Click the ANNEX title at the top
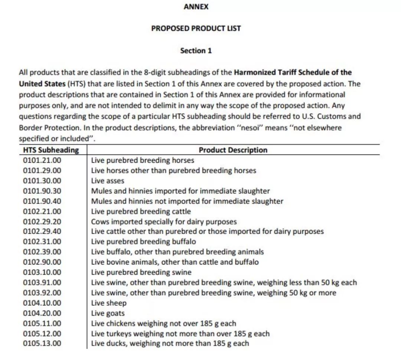(x=196, y=7)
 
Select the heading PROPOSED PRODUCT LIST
(x=196, y=28)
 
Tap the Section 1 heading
(x=196, y=51)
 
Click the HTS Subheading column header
(x=51, y=150)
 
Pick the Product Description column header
(x=233, y=150)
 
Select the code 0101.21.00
(x=42, y=160)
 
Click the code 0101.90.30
(x=42, y=191)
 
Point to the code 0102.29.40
(x=42, y=231)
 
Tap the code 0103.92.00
(x=42, y=293)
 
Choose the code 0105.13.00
(x=42, y=343)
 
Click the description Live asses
(x=108, y=181)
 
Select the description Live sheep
(x=109, y=303)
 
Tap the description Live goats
(x=108, y=313)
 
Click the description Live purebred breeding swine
(x=141, y=272)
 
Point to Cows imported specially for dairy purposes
(x=164, y=222)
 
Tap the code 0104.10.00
(x=42, y=303)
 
